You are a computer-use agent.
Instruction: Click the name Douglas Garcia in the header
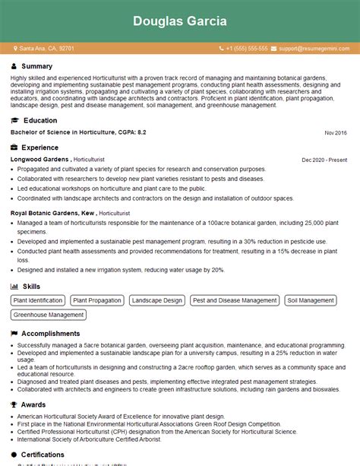[x=180, y=21]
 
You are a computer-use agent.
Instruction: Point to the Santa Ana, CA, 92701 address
[x=47, y=48]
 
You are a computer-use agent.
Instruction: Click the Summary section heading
[x=37, y=67]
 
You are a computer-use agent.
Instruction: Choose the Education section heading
[x=40, y=120]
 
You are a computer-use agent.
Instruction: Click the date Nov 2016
[x=335, y=133]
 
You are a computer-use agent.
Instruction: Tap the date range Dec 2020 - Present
[x=324, y=160]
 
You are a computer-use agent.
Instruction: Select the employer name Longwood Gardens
[x=39, y=160]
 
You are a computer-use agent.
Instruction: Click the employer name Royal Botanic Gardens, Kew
[x=52, y=215]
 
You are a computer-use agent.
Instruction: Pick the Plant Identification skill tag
[x=38, y=300]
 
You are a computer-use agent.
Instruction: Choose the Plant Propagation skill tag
[x=96, y=300]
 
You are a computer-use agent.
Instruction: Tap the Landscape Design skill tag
[x=156, y=300]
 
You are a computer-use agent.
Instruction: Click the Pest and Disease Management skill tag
[x=235, y=300]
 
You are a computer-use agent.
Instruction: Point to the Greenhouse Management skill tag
[x=49, y=315]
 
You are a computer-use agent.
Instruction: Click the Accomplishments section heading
[x=51, y=334]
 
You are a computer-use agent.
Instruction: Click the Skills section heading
[x=32, y=286]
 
